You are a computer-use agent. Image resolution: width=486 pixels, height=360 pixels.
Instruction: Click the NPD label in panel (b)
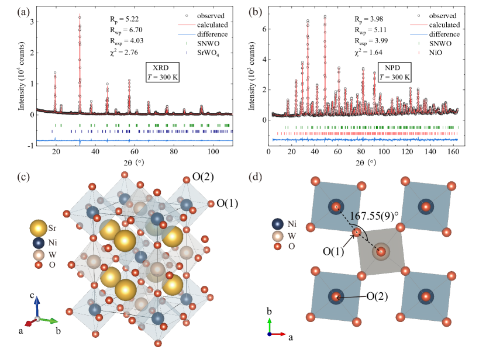click(x=388, y=67)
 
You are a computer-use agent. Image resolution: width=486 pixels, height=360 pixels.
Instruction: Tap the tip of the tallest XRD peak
click(x=80, y=14)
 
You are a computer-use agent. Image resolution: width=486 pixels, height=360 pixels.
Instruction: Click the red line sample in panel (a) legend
click(x=187, y=25)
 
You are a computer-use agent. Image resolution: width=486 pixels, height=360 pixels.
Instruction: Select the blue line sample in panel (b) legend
click(x=419, y=34)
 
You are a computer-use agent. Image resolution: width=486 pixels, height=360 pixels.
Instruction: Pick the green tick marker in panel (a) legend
click(x=187, y=43)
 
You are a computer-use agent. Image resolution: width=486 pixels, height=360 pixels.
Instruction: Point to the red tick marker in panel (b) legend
click(x=419, y=53)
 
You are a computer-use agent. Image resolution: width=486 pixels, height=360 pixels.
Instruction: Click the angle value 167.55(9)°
click(x=374, y=215)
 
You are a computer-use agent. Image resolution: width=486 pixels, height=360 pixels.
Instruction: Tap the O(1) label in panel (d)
click(x=334, y=251)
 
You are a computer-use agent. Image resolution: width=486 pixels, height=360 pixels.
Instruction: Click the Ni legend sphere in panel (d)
click(x=278, y=224)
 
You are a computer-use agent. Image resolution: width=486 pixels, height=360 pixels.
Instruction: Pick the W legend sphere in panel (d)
click(x=278, y=236)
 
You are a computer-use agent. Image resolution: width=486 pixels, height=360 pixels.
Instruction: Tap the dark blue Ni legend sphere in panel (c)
click(x=39, y=243)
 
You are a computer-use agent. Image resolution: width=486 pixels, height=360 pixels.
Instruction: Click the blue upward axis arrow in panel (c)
click(x=36, y=302)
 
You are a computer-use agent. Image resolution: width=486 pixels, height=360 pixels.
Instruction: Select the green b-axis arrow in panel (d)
click(x=269, y=324)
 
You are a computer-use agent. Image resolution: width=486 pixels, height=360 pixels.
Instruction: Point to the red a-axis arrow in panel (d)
click(x=279, y=334)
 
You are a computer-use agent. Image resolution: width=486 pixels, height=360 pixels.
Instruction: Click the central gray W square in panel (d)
click(x=381, y=252)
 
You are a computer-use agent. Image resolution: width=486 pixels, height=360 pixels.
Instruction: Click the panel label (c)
click(x=24, y=177)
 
